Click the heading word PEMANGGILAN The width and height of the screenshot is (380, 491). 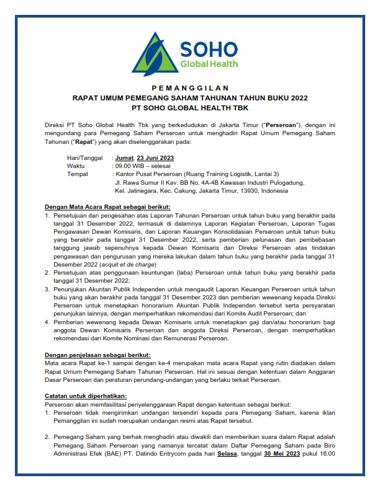(190, 88)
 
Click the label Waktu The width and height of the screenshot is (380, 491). (76, 166)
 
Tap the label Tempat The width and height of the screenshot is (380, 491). (78, 174)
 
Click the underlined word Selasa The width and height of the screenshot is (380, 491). (227, 452)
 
